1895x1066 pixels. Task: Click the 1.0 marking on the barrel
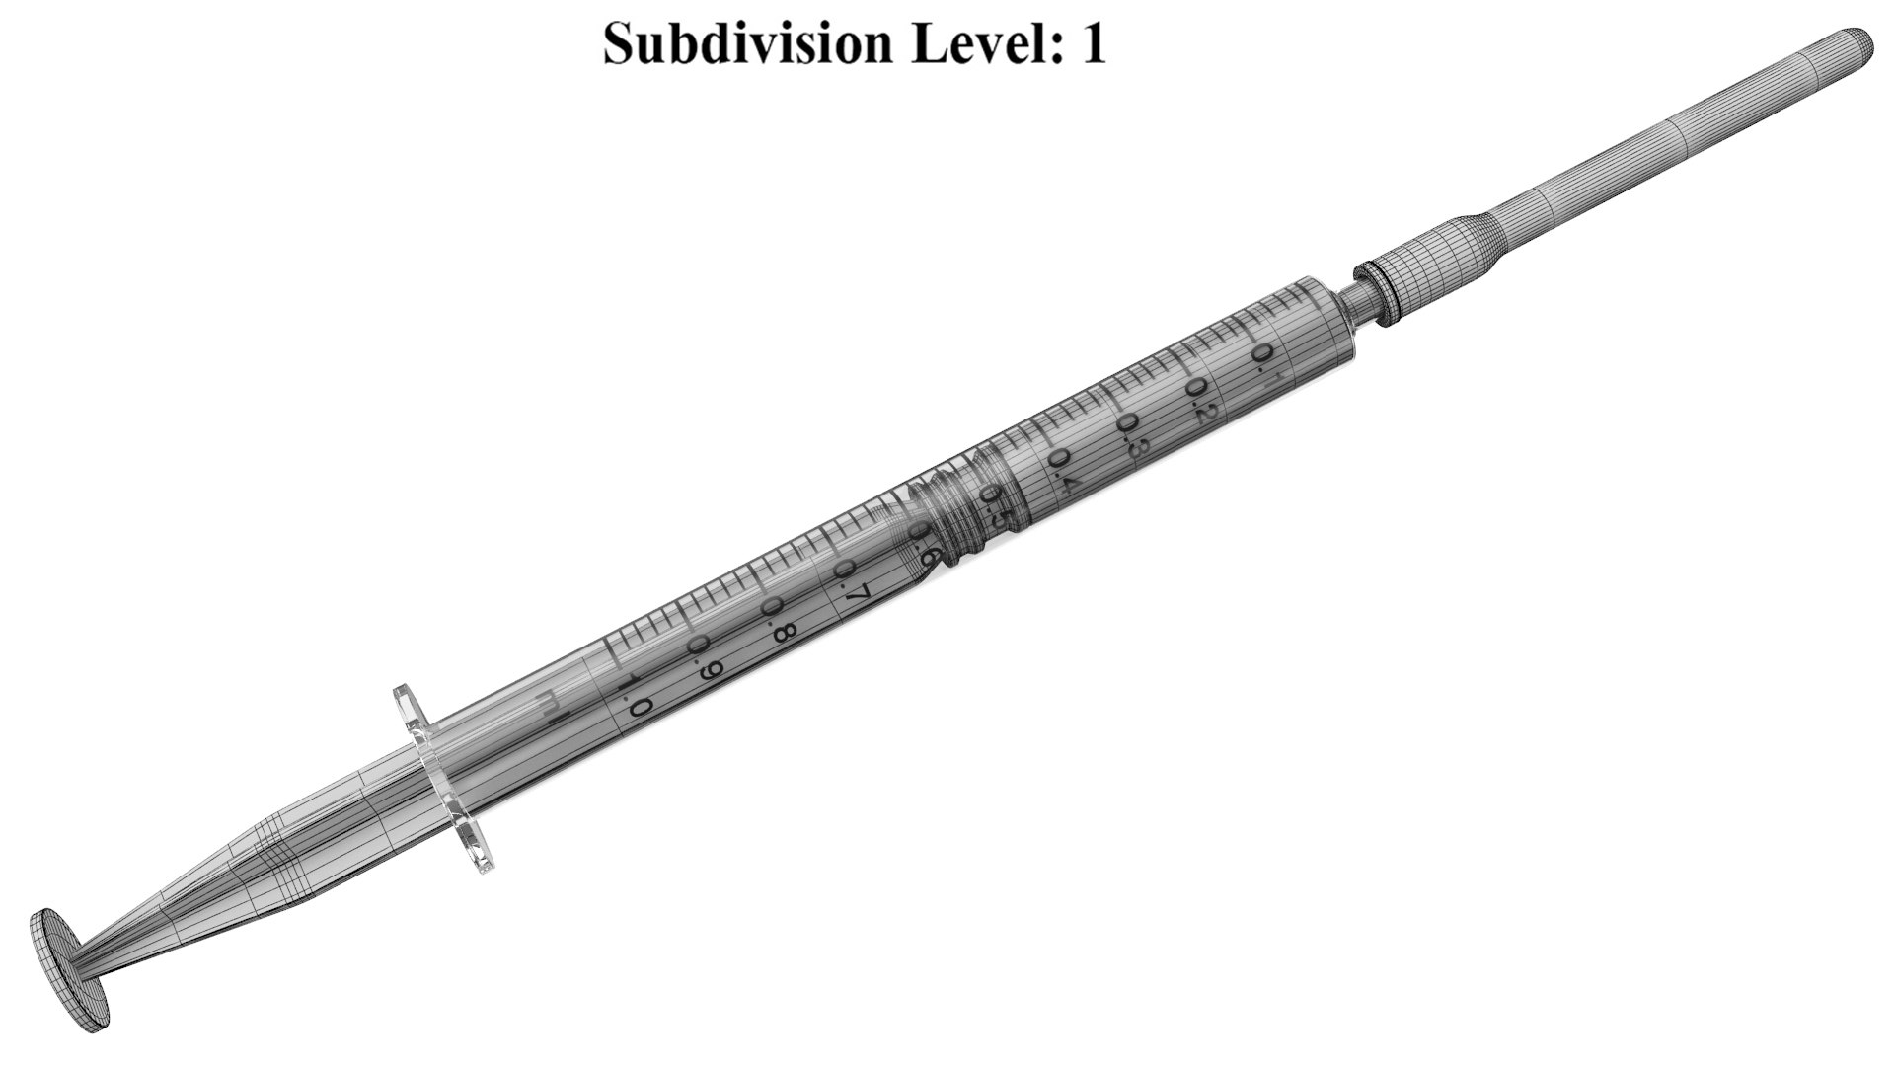coord(632,697)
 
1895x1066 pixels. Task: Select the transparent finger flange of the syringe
coord(444,780)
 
